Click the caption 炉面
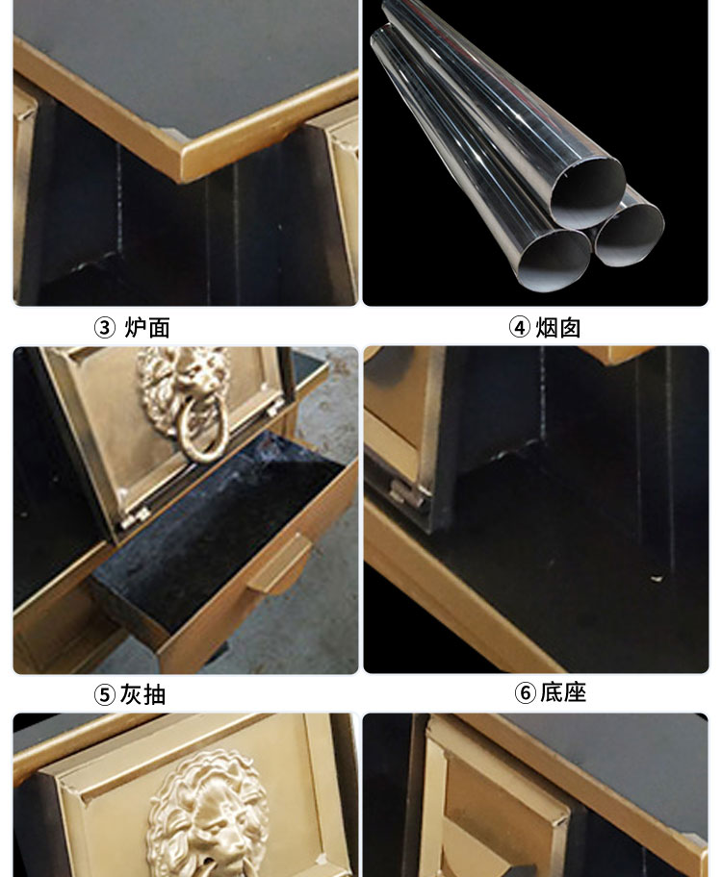pyautogui.click(x=146, y=328)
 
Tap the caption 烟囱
pyautogui.click(x=557, y=328)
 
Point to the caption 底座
pyautogui.click(x=563, y=692)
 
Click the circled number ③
pyautogui.click(x=104, y=328)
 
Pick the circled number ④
pyautogui.click(x=520, y=328)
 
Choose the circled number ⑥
pyautogui.click(x=526, y=692)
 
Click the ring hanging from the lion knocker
pyautogui.click(x=199, y=438)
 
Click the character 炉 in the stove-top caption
pyautogui.click(x=135, y=328)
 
